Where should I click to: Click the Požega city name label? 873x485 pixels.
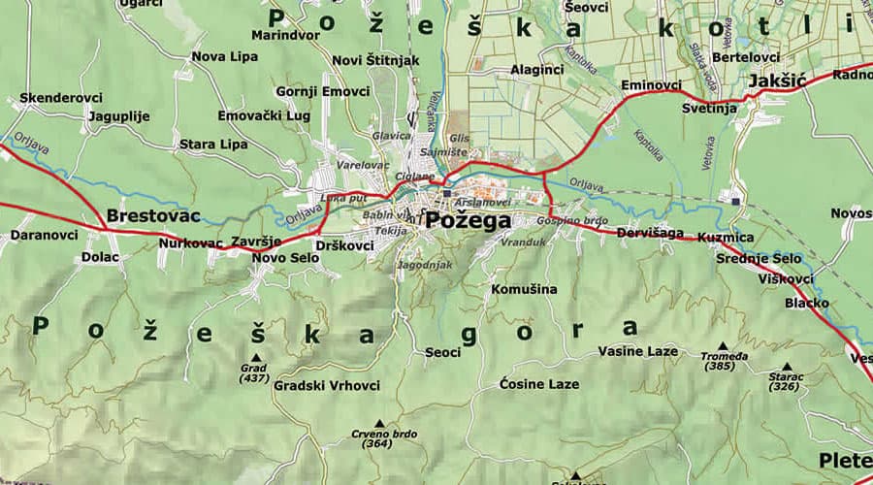(468, 221)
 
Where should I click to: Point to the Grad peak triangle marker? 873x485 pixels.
(256, 357)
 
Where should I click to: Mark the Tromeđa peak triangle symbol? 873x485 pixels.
(722, 345)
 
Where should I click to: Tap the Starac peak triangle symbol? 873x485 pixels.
(786, 367)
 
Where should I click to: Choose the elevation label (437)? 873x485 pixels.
(254, 378)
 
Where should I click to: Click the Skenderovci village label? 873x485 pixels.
(59, 99)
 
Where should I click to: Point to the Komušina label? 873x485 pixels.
(524, 289)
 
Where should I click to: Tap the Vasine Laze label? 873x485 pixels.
(637, 350)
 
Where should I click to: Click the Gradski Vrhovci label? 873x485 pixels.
(327, 385)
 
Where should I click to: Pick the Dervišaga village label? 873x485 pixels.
(650, 234)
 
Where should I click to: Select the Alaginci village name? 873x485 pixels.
(535, 70)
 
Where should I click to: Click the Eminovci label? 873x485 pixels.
(651, 85)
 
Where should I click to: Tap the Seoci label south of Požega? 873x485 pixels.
(443, 352)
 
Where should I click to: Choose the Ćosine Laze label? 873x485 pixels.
(539, 384)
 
